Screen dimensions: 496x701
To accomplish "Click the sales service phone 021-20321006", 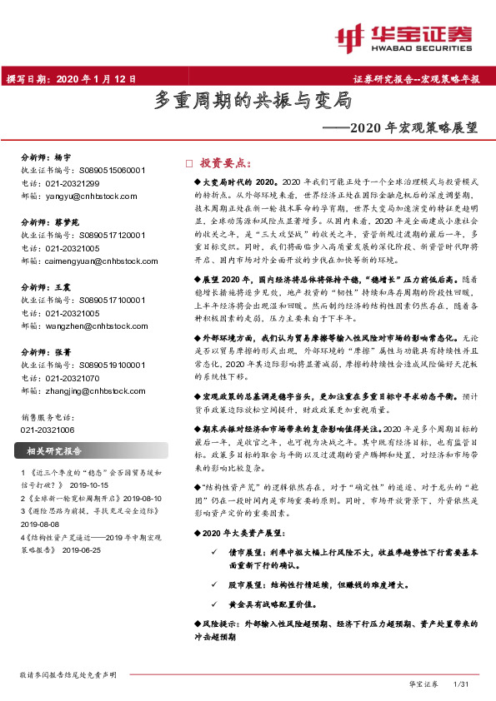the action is pos(48,429).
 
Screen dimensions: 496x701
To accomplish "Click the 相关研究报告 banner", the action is pos(63,451).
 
